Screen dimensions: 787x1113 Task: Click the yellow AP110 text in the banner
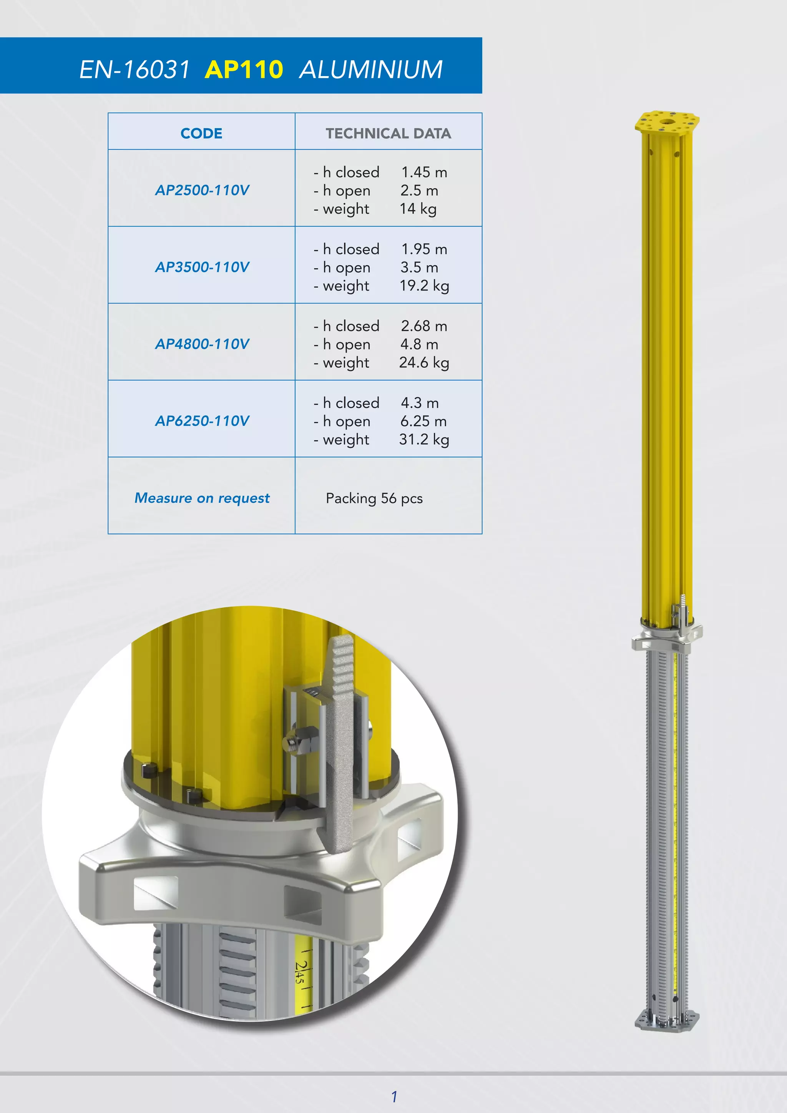pyautogui.click(x=244, y=69)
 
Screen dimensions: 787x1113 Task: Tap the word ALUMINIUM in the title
pyautogui.click(x=371, y=69)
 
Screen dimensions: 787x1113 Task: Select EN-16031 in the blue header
pyautogui.click(x=134, y=69)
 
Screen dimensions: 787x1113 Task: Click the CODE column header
pyautogui.click(x=202, y=133)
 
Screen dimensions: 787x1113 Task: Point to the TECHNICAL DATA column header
pyautogui.click(x=388, y=133)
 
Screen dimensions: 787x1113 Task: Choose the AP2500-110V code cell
pyautogui.click(x=202, y=190)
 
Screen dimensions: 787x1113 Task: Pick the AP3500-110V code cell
pyautogui.click(x=202, y=267)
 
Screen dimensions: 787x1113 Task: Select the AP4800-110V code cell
pyautogui.click(x=202, y=344)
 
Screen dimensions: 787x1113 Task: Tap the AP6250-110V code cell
pyautogui.click(x=202, y=420)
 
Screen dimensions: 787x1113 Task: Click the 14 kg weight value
pyautogui.click(x=418, y=209)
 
